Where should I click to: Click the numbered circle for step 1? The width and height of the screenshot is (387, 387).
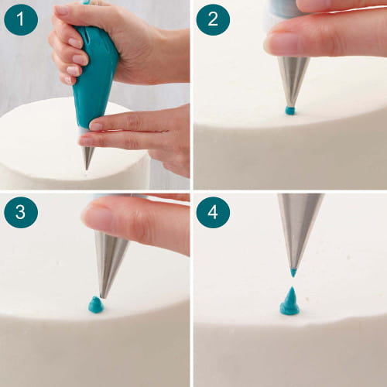coord(21,19)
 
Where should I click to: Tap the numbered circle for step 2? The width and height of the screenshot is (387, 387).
coord(213,19)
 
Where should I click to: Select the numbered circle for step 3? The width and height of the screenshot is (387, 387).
coord(21,212)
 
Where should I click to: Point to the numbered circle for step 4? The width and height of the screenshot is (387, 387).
coord(213,212)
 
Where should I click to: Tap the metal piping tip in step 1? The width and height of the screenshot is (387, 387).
coord(87,157)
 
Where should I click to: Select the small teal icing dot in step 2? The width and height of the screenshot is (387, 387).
coord(290,111)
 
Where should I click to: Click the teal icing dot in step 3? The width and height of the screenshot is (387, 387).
coord(96,305)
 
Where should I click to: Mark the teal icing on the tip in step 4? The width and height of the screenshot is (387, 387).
coord(293,272)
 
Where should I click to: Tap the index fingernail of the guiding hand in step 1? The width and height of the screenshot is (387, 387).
coord(95,126)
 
